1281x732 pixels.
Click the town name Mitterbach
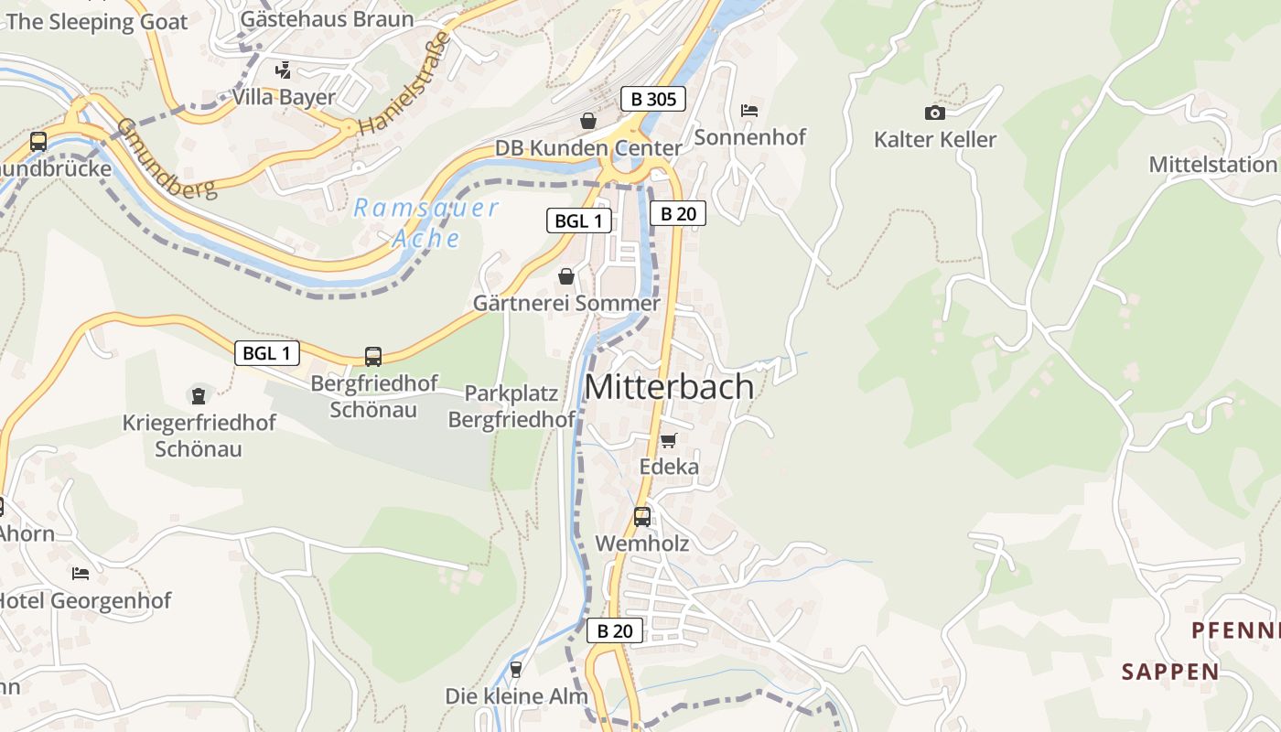pos(669,387)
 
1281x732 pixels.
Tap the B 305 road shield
pos(652,99)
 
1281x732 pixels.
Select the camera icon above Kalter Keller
pos(934,113)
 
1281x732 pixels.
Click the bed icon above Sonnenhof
pos(749,110)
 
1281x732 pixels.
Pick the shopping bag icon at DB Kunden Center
pos(587,121)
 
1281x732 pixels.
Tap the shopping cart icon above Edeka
pos(669,440)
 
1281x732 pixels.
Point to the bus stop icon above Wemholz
pos(642,517)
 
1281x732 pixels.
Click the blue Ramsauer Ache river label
pos(426,222)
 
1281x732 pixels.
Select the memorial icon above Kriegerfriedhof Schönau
pos(198,395)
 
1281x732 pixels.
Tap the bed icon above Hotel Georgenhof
pos(81,574)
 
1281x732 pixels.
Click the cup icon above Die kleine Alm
pos(516,670)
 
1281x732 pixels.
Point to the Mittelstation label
pos(1212,165)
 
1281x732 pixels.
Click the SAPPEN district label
pos(1170,672)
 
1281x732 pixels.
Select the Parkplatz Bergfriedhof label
pos(511,406)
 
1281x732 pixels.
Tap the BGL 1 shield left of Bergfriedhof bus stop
pos(267,353)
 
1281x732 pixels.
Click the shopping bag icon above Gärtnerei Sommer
pos(566,276)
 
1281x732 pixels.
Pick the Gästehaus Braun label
pos(327,19)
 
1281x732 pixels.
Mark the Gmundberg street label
pos(167,157)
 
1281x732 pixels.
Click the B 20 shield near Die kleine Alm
pos(614,630)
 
